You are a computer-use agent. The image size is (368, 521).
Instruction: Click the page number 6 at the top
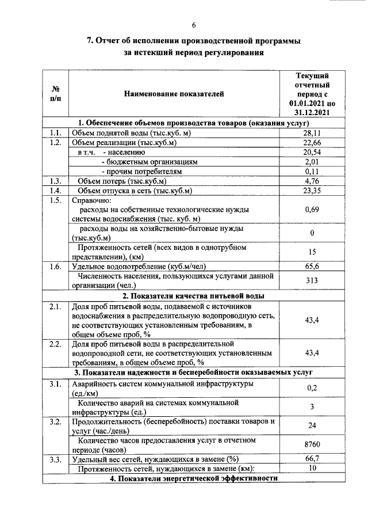[194, 25]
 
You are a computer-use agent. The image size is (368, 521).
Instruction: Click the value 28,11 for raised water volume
[312, 133]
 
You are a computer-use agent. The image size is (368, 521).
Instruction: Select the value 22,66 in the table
[312, 143]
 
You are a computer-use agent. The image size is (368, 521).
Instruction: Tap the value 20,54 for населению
[312, 153]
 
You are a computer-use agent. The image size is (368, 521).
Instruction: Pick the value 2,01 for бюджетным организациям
[312, 162]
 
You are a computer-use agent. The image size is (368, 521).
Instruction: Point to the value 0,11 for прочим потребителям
[312, 172]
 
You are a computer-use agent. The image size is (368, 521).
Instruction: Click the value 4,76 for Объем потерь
[312, 181]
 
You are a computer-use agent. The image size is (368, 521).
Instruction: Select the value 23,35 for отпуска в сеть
[312, 191]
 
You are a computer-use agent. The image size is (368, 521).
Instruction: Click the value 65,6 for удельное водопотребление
[312, 267]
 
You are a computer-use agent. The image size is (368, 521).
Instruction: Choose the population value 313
[312, 280]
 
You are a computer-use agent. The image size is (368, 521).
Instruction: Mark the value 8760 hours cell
[312, 444]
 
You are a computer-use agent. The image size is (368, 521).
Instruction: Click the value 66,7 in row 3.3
[312, 459]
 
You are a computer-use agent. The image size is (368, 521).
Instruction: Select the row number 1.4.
[55, 191]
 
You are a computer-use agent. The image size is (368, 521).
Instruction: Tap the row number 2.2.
[55, 344]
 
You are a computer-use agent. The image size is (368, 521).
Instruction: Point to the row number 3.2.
[55, 421]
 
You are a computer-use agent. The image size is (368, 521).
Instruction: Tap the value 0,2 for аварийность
[312, 388]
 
